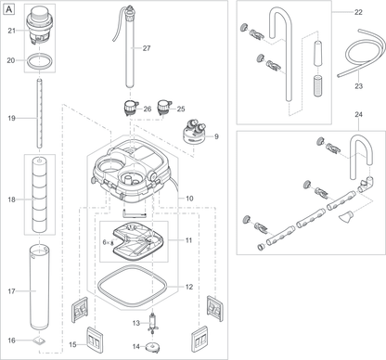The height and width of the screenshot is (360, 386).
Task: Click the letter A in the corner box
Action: [9, 10]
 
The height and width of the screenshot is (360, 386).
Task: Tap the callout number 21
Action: [12, 31]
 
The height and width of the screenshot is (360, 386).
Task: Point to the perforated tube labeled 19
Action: [39, 113]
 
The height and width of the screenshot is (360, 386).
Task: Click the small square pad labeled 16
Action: [39, 341]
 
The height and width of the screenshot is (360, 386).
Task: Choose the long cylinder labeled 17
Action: [40, 288]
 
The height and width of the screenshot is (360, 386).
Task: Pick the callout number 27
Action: [147, 48]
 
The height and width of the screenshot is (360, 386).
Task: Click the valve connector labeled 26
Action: [131, 108]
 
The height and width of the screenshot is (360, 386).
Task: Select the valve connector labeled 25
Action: [164, 108]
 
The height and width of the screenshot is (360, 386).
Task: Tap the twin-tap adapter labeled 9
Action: [195, 134]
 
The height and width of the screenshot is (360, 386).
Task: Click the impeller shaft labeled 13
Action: [152, 324]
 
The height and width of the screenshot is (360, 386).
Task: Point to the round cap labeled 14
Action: [152, 347]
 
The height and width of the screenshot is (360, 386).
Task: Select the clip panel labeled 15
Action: [94, 340]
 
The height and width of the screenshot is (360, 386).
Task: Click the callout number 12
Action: [189, 287]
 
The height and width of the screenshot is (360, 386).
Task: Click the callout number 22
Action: [358, 12]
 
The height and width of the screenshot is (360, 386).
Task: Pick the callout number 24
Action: [358, 115]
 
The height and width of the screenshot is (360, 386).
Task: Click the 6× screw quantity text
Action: [106, 243]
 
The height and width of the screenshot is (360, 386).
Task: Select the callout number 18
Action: [11, 199]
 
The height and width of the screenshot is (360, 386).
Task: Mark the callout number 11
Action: [188, 240]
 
